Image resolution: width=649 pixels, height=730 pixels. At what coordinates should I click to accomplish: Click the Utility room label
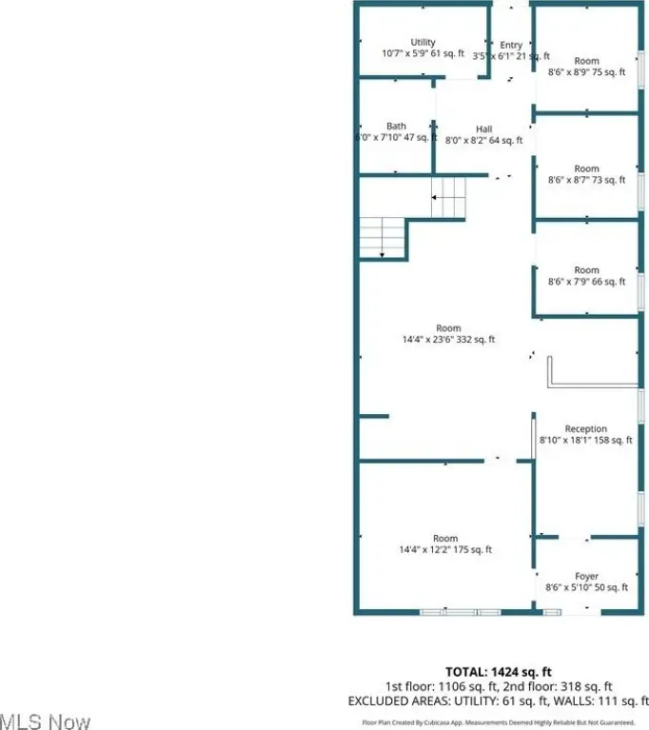pos(423,42)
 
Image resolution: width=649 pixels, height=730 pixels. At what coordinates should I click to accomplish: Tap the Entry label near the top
pos(511,45)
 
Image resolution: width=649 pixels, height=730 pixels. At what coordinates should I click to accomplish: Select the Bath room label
pos(396,126)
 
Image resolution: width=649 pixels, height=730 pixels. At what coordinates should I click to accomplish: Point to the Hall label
pos(484,129)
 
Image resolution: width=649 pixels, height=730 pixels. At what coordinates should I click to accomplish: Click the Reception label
pos(585,429)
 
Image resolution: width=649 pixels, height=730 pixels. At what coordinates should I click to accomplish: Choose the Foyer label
pos(586,577)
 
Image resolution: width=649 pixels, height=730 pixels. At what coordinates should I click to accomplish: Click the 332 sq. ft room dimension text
pos(448,340)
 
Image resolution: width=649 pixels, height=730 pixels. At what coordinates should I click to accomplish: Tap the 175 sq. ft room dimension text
pos(445,550)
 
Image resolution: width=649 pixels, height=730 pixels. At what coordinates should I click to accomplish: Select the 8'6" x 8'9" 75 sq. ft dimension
pos(586,72)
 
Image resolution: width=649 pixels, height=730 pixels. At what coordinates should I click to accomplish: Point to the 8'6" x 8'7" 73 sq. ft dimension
pos(586,180)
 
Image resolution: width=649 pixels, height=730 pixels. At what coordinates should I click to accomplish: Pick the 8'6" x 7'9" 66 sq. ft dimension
pos(586,282)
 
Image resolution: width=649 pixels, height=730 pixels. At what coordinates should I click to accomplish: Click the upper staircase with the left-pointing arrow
pos(449,198)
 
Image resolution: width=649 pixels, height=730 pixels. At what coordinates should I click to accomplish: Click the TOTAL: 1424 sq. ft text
pos(512,670)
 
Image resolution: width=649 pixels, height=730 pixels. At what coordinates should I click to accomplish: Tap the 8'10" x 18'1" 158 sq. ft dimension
pos(585,441)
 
